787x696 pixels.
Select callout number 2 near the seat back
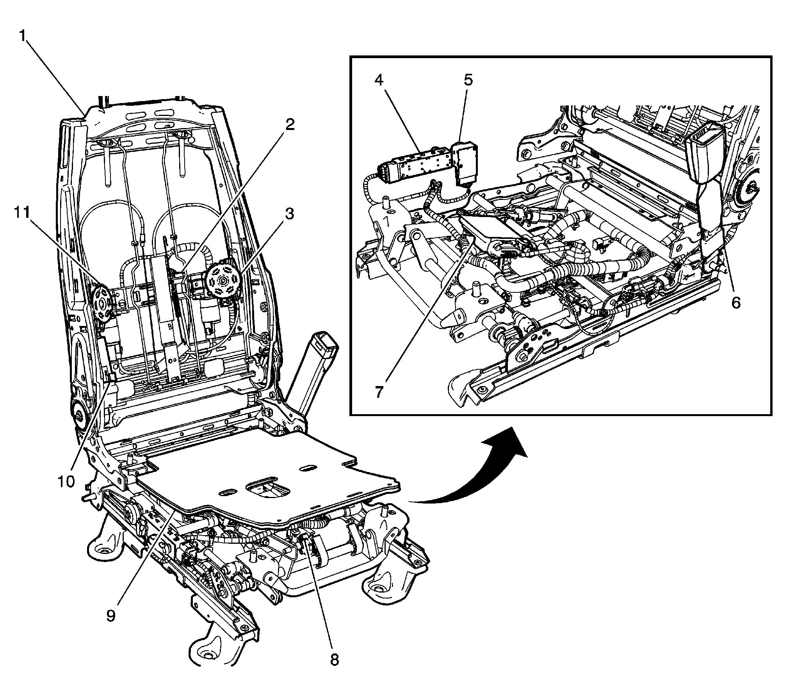click(x=289, y=125)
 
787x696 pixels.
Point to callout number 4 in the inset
click(x=379, y=80)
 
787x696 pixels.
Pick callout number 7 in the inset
click(x=379, y=392)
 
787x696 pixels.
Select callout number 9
click(x=110, y=616)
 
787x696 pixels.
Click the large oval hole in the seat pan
click(x=267, y=489)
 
